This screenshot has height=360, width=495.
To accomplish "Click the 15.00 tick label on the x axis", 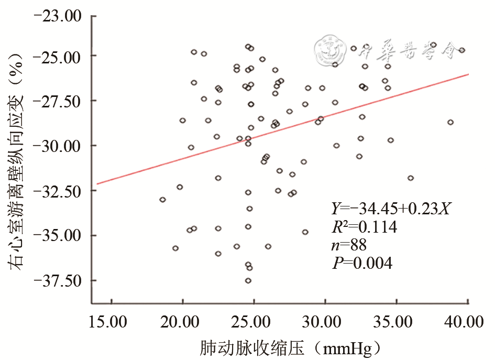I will coord(111,320).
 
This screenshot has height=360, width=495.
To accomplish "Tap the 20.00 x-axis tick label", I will coord(182,320).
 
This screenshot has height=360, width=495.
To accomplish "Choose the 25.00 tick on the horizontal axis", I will coord(254,320).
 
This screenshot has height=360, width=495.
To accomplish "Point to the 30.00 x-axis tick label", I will coord(325,320).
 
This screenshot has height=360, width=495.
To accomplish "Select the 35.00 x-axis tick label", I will coord(397,320).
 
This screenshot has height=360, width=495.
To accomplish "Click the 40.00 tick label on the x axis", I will coord(468,320).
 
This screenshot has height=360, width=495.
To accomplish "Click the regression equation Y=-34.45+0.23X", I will coord(391,209).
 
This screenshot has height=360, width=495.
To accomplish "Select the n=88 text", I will coord(349,245).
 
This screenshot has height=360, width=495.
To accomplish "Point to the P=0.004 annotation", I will coord(362,263).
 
